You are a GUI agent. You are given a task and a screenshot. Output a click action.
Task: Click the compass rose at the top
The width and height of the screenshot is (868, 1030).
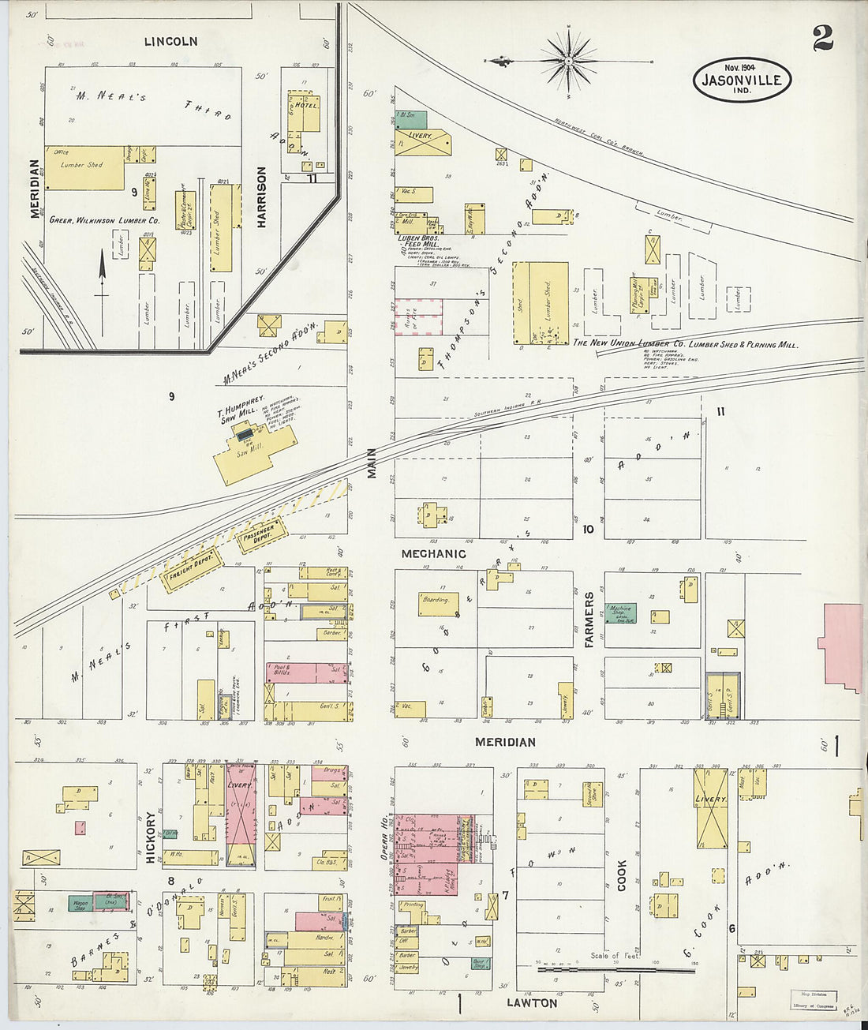[569, 60]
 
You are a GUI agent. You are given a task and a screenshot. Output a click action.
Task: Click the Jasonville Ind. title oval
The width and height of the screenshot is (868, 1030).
[742, 80]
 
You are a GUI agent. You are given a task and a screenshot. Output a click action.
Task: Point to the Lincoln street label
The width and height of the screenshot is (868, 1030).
[170, 41]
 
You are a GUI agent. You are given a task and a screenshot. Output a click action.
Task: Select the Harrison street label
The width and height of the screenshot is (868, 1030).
[261, 197]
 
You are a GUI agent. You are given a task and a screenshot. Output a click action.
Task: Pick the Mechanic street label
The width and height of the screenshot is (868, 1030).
[433, 554]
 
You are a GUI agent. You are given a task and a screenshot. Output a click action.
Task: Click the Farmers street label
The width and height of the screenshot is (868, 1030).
[589, 620]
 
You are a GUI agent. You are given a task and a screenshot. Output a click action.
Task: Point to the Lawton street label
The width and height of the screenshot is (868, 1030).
[532, 1003]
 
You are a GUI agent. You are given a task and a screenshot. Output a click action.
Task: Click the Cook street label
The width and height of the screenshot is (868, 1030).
[622, 875]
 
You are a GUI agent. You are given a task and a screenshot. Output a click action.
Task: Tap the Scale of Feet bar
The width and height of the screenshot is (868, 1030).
[615, 968]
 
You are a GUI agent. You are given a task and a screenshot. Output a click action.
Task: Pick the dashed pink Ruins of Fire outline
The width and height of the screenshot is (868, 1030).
[418, 317]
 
